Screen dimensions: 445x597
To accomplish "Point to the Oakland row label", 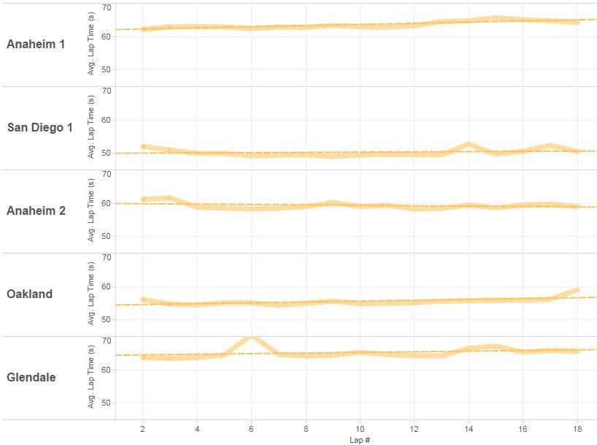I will (x=30, y=294).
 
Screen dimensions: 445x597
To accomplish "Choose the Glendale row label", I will (x=31, y=378).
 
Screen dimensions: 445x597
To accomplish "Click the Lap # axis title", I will (x=359, y=440).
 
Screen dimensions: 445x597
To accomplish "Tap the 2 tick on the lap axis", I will (x=142, y=428).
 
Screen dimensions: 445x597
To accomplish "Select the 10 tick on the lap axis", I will (x=360, y=428).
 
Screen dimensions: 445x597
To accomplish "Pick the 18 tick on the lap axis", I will (x=577, y=428).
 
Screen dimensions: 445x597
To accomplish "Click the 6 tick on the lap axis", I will (x=251, y=428).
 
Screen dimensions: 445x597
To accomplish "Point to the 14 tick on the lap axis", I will (x=469, y=428).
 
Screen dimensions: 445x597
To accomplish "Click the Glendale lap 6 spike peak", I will (x=251, y=337).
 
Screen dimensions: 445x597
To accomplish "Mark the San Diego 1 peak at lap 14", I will (x=469, y=143).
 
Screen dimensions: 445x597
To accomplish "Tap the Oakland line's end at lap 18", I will (x=577, y=289).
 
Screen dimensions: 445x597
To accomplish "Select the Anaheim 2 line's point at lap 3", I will (x=169, y=197).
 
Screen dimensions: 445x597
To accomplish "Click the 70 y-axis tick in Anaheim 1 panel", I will (x=107, y=7).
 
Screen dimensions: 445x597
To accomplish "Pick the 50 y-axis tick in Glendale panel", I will (x=107, y=403).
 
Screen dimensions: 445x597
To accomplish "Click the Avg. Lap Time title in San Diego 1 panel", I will (x=91, y=127).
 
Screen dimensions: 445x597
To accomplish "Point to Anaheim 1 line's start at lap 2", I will (x=142, y=29).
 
